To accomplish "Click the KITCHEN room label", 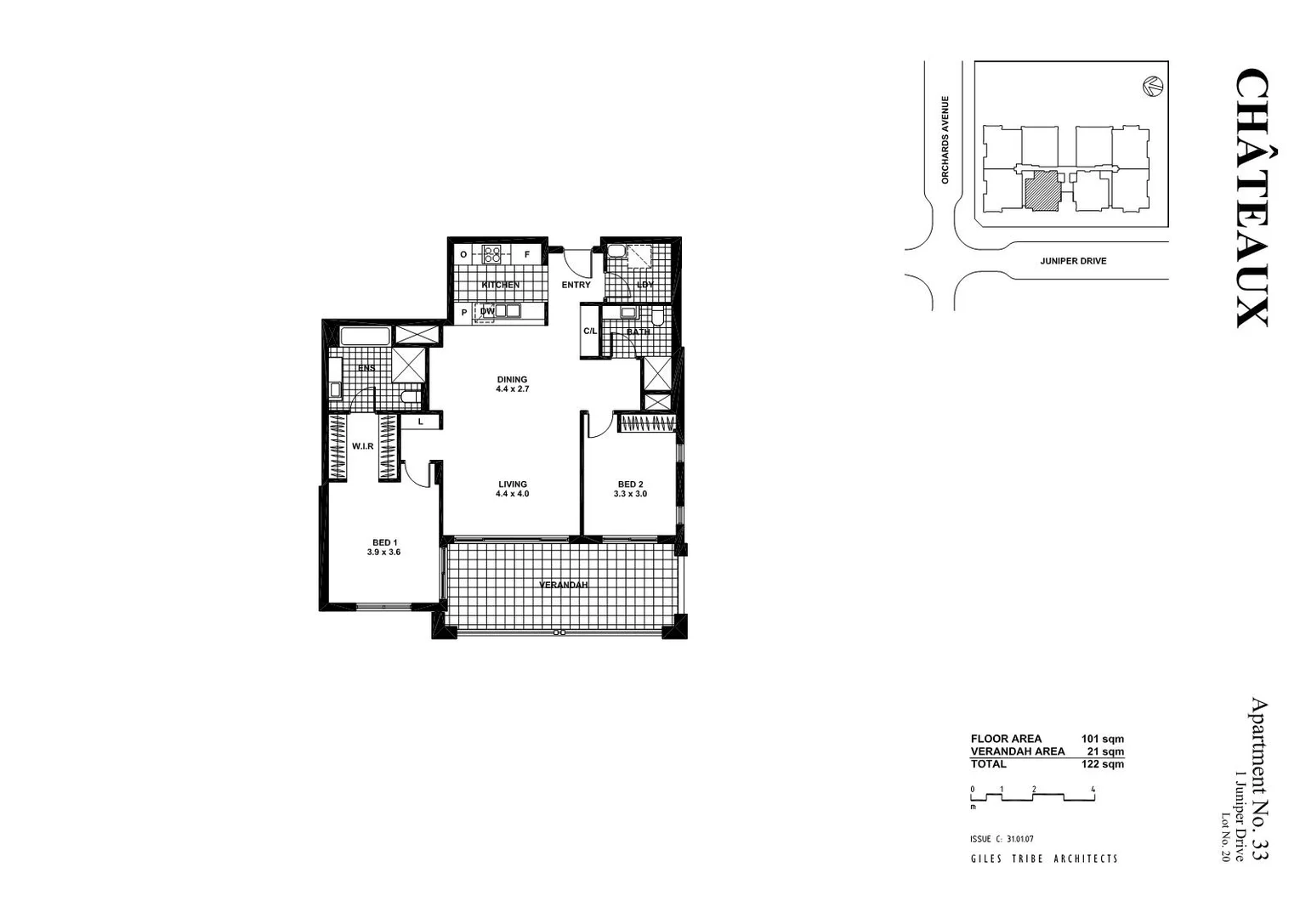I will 500,285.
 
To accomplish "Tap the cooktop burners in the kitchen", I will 492,253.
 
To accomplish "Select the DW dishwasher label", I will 487,312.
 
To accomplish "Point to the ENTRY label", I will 576,285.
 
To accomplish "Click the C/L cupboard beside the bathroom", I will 590,331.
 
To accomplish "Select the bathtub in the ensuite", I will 365,336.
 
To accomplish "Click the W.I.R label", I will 363,446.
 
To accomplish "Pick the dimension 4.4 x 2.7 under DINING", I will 513,389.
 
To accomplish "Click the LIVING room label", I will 513,484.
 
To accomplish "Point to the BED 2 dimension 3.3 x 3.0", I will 631,494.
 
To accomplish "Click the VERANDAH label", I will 564,585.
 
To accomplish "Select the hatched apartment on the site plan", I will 1042,192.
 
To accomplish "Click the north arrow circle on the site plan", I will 1152,85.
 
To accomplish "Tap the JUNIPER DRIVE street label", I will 1073,261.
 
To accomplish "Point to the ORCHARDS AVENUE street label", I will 945,139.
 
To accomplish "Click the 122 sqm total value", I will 1102,764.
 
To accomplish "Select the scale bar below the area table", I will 1032,796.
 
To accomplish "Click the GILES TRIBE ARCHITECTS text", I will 1044,858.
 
